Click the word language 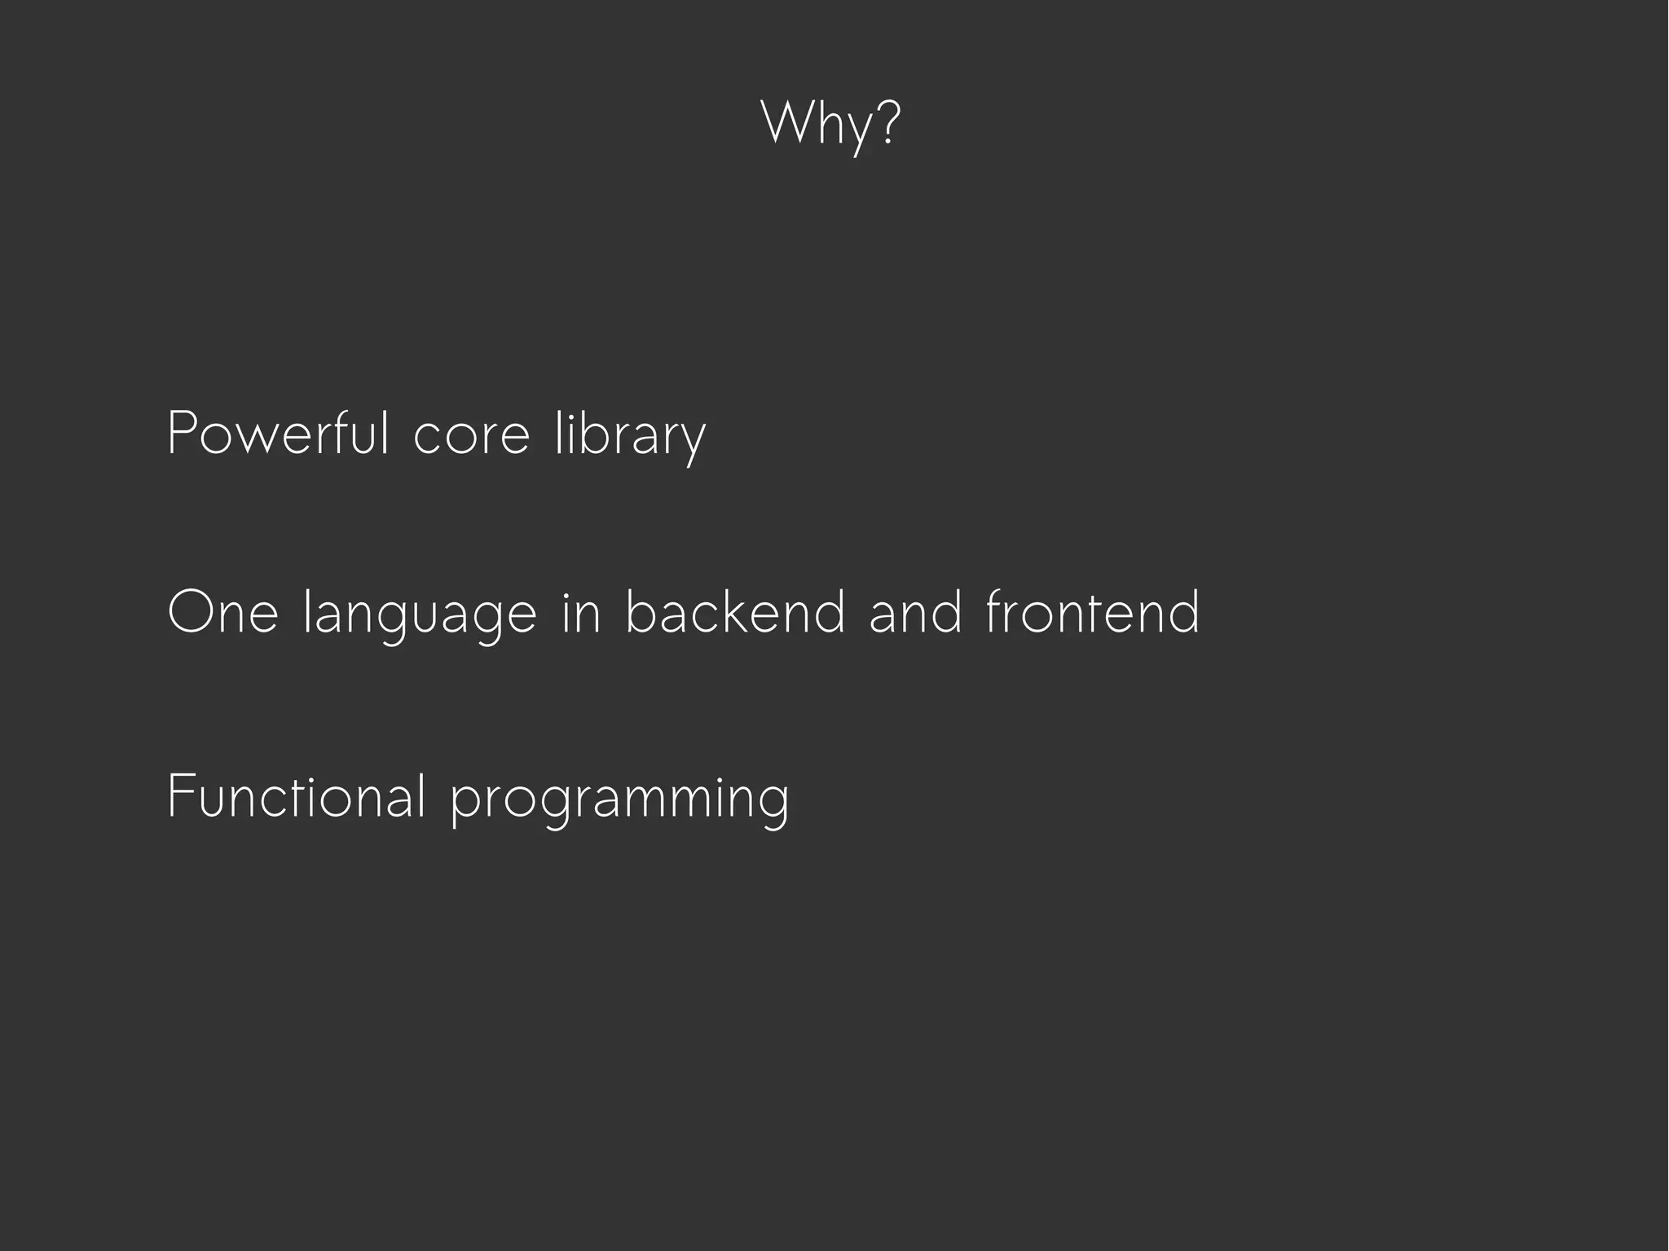pyautogui.click(x=420, y=615)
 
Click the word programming pyautogui.click(x=619, y=800)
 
